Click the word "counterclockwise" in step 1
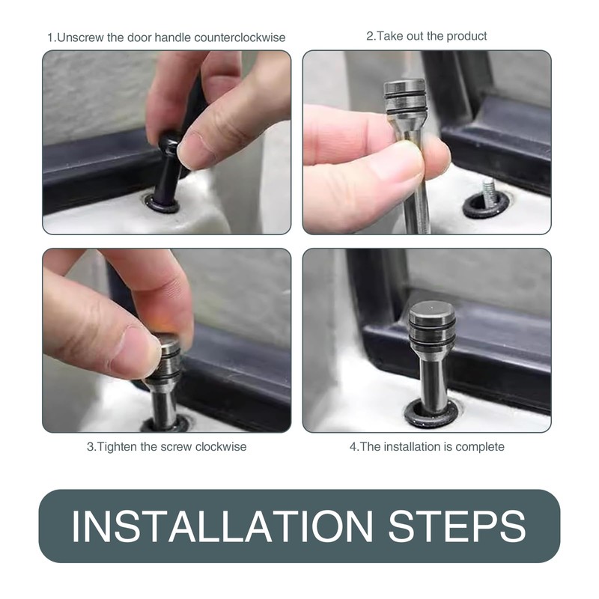(x=240, y=37)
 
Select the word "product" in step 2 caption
(x=466, y=36)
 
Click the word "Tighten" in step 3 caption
(x=118, y=446)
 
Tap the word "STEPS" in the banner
(x=457, y=526)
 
